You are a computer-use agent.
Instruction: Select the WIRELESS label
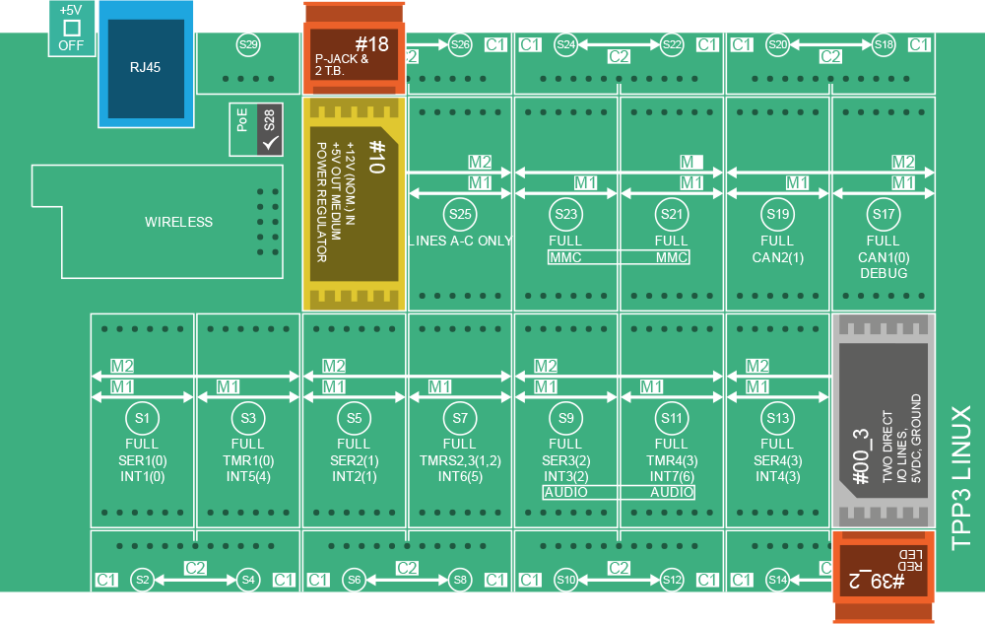pyautogui.click(x=178, y=222)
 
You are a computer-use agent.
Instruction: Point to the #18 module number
pyautogui.click(x=371, y=44)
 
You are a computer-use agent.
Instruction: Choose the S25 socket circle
pyautogui.click(x=460, y=213)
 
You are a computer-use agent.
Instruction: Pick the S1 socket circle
pyautogui.click(x=142, y=418)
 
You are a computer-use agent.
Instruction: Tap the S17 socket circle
pyautogui.click(x=884, y=213)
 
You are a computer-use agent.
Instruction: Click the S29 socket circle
pyautogui.click(x=248, y=44)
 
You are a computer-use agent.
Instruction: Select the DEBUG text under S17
pyautogui.click(x=884, y=273)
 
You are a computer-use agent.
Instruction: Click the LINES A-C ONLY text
pyautogui.click(x=460, y=242)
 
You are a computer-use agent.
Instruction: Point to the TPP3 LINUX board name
pyautogui.click(x=961, y=476)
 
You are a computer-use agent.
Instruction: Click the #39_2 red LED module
pyautogui.click(x=883, y=577)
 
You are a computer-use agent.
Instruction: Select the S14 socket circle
pyautogui.click(x=777, y=580)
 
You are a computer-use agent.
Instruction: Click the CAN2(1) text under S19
pyautogui.click(x=777, y=257)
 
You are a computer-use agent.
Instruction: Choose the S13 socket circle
pyautogui.click(x=777, y=418)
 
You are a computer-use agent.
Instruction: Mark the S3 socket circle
pyautogui.click(x=248, y=418)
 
